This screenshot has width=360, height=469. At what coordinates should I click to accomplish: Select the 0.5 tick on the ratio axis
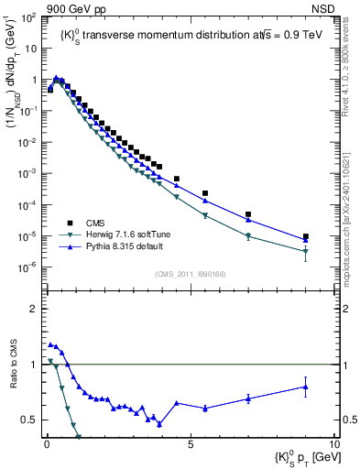(31, 420)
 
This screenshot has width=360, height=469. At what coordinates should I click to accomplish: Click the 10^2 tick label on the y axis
(27, 18)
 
